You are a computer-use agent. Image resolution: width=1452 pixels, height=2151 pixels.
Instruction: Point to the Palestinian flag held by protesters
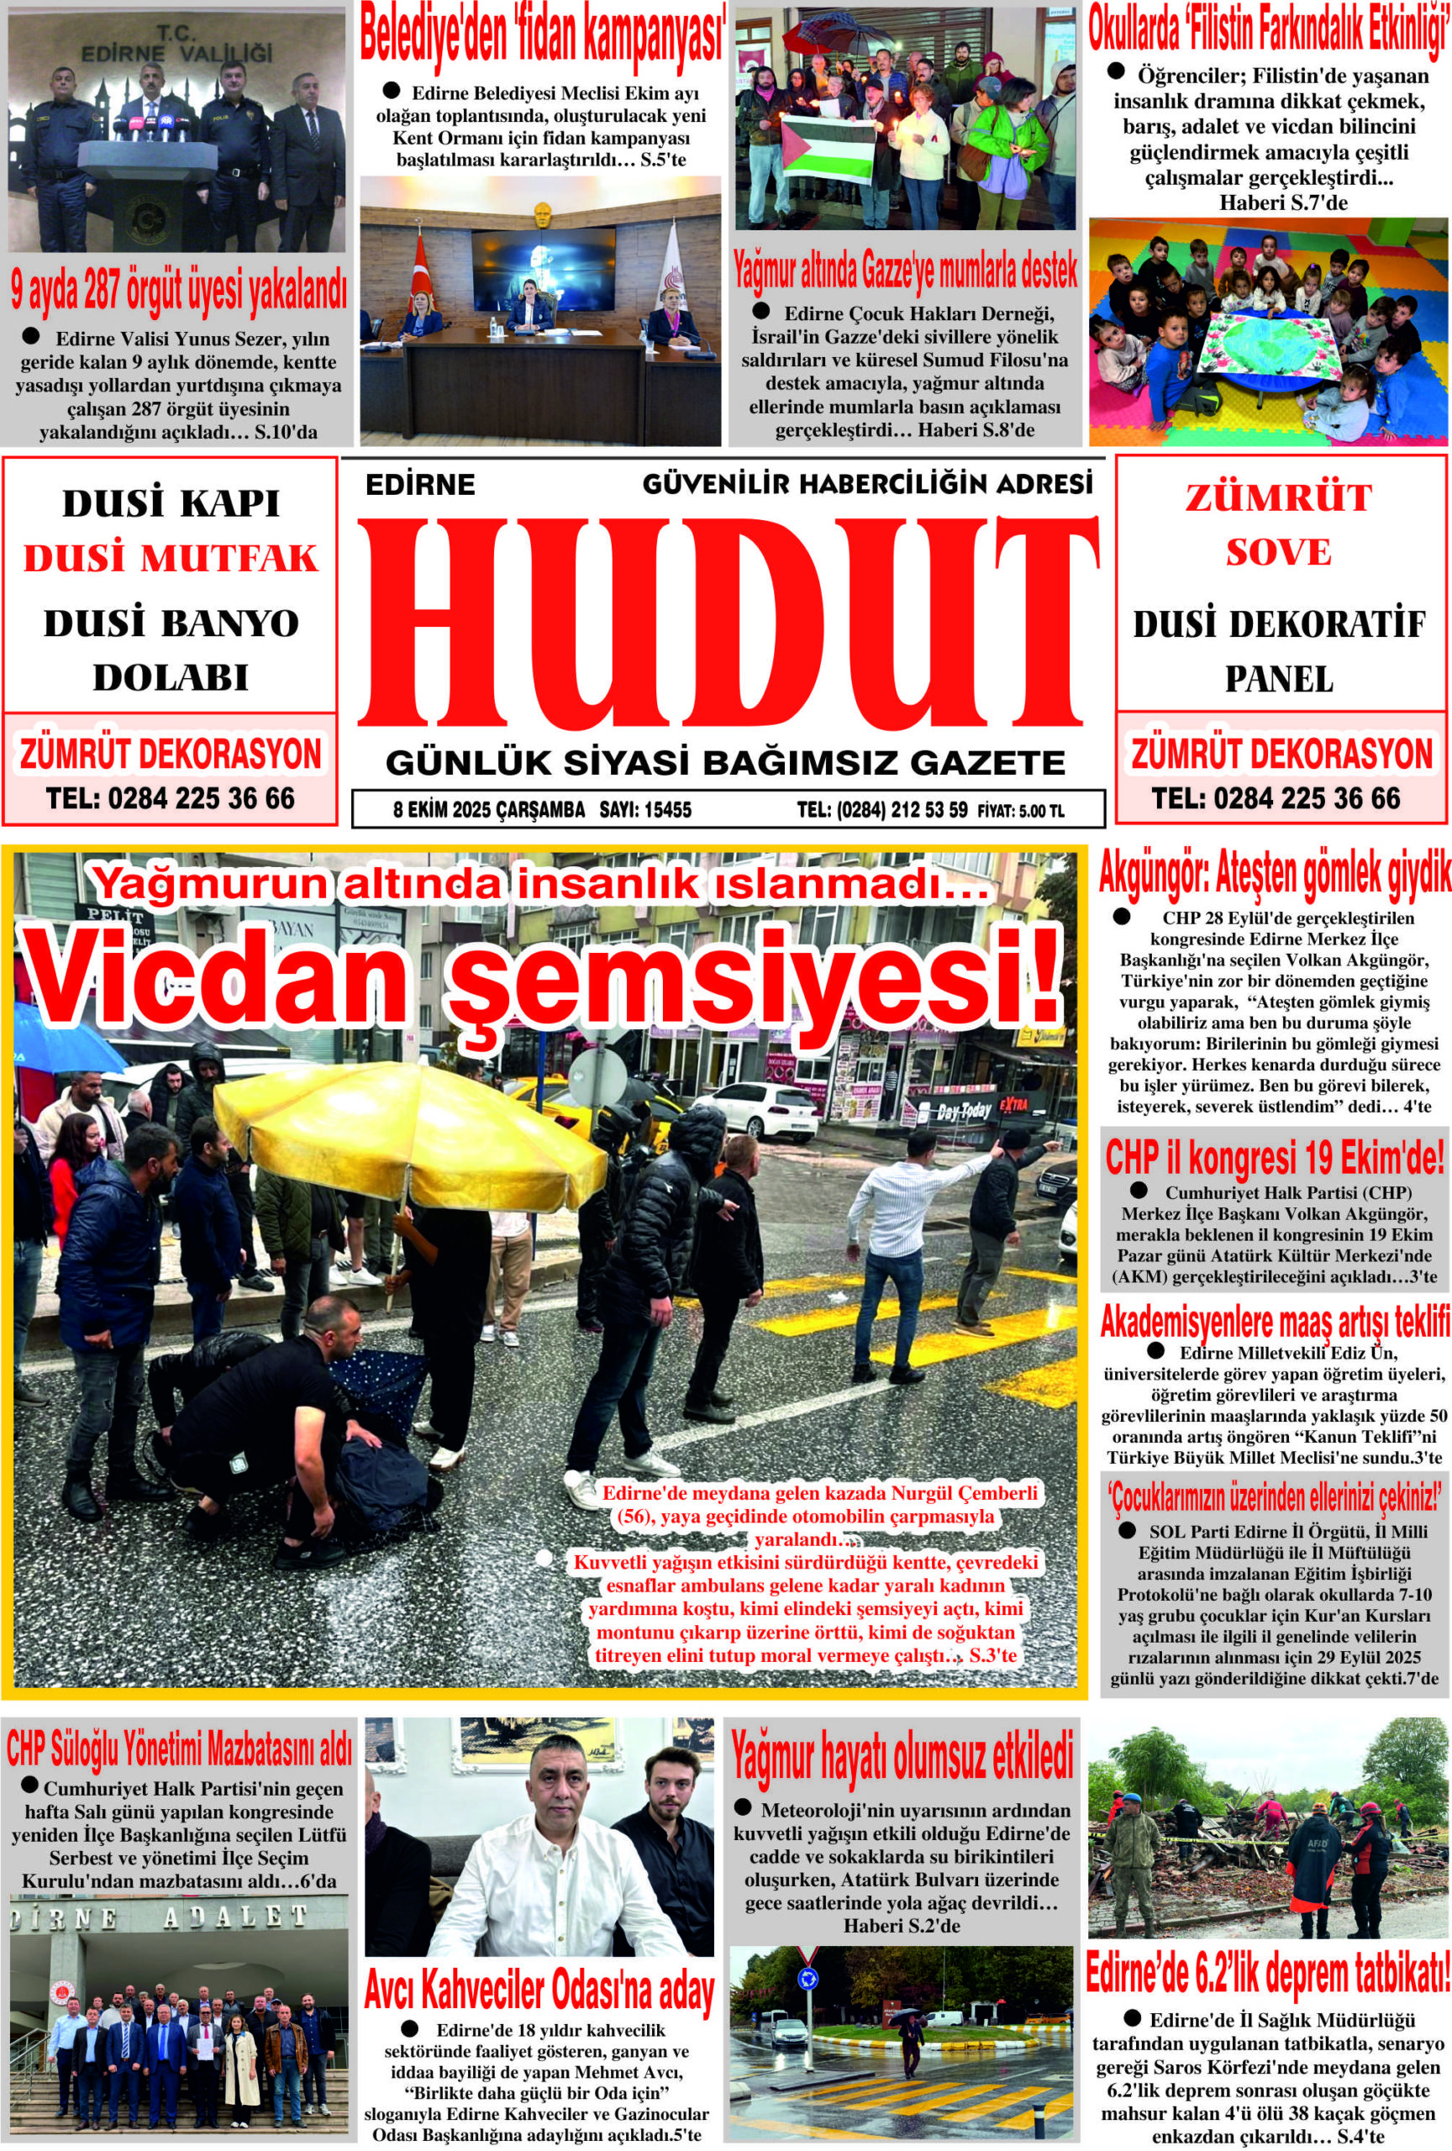click(829, 148)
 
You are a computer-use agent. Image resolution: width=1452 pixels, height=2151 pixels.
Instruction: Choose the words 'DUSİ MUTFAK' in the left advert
click(171, 560)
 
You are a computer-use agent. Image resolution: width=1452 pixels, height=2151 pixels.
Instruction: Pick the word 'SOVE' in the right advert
click(1278, 553)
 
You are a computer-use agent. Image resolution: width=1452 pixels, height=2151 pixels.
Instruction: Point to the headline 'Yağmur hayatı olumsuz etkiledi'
click(902, 1759)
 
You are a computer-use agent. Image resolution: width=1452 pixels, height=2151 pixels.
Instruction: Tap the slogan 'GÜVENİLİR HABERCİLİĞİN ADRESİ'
click(867, 483)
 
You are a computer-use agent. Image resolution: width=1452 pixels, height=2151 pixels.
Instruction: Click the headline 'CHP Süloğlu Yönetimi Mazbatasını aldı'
click(179, 1750)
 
